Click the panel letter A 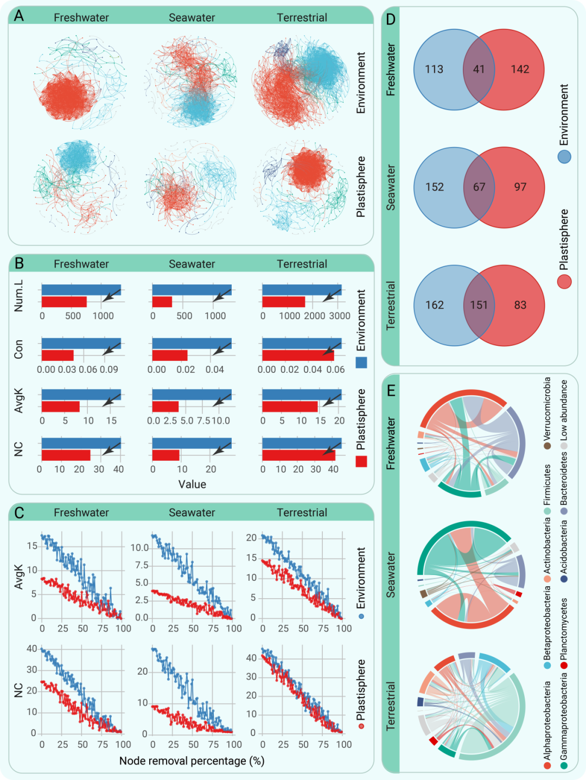point(19,16)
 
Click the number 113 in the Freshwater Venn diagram point(434,69)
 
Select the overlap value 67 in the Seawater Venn point(479,187)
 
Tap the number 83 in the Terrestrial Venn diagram point(520,305)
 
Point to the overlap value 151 point(479,305)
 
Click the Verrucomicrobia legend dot point(547,446)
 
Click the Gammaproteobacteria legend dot point(564,765)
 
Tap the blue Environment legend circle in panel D point(564,157)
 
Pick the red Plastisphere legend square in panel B point(361,461)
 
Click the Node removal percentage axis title point(192,761)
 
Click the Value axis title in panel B point(192,484)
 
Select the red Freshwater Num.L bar point(64,302)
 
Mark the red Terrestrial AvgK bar point(290,407)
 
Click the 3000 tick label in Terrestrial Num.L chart point(340,316)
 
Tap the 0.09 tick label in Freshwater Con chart point(109,370)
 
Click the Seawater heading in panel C point(192,512)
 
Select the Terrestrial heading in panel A point(302,17)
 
